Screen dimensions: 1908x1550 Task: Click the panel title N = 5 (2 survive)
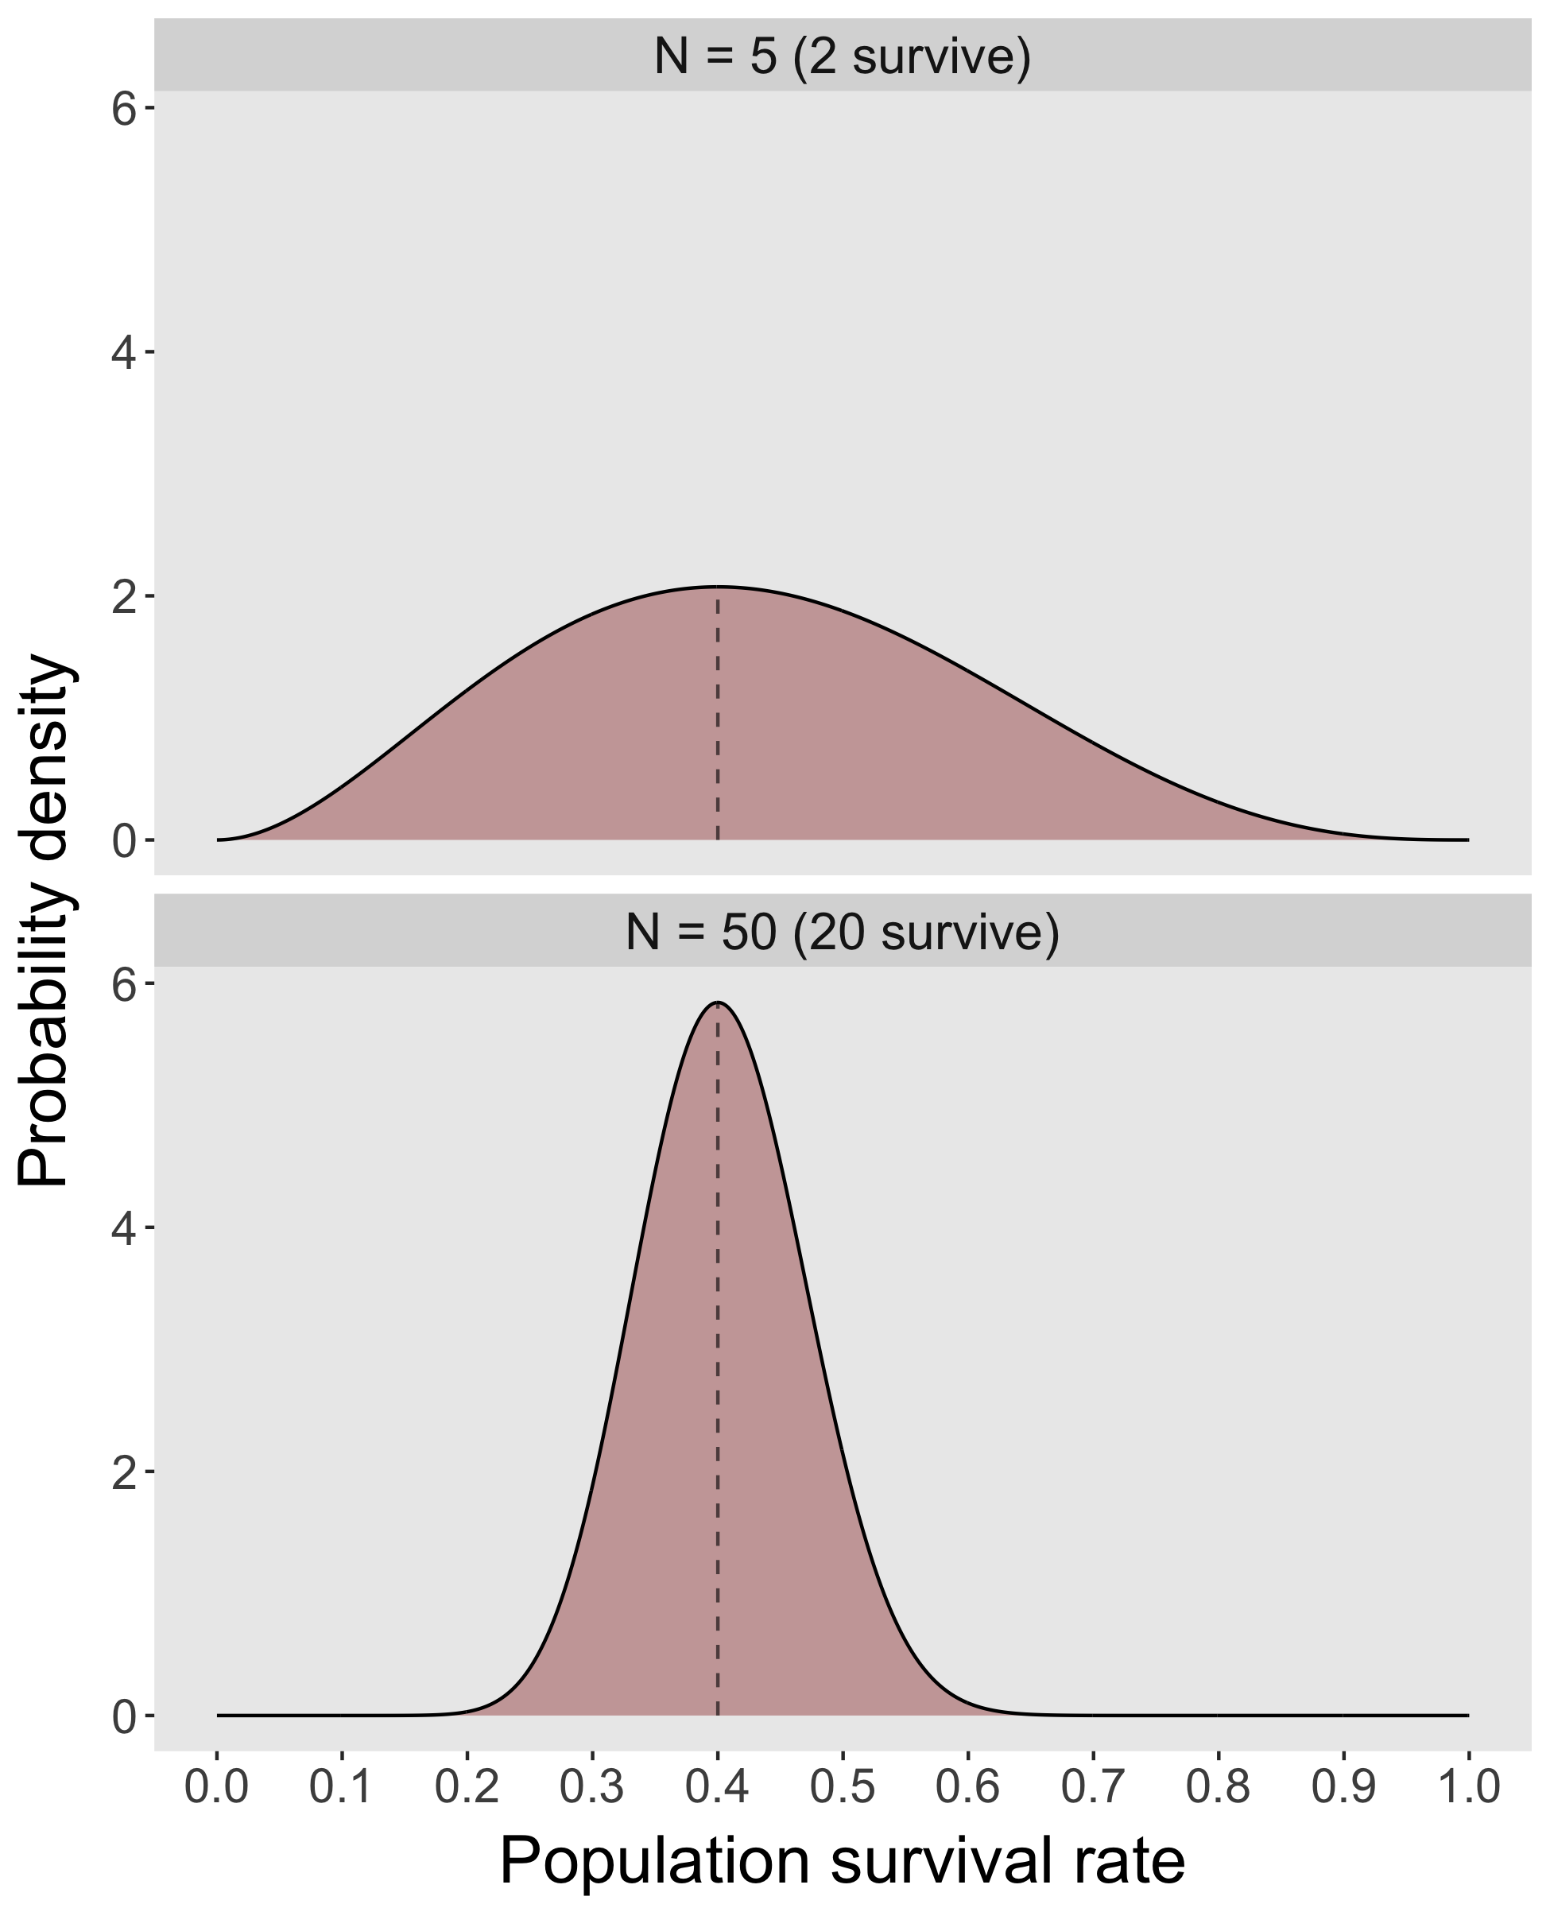[x=842, y=56]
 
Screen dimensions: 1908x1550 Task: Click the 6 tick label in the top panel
[x=123, y=109]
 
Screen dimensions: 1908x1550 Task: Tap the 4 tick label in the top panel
[x=123, y=353]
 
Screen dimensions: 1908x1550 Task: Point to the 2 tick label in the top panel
[x=123, y=596]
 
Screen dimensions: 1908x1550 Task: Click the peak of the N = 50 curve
[x=718, y=1002]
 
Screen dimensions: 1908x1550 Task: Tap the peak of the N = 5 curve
[x=718, y=587]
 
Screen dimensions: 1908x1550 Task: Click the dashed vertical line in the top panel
[x=718, y=714]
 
